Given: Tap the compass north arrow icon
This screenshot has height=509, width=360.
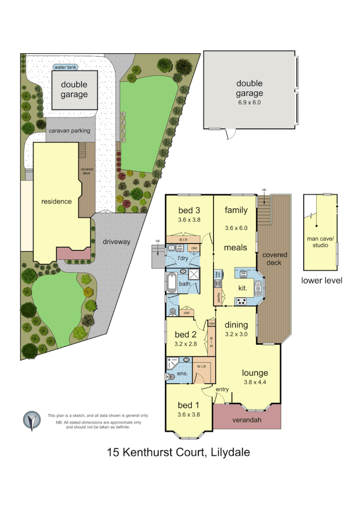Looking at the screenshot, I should point(32,421).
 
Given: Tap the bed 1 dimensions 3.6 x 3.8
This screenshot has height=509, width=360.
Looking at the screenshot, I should point(188,414).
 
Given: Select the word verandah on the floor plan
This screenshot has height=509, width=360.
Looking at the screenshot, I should point(247,419).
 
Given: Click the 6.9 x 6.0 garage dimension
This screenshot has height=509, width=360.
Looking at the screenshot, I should point(249,102).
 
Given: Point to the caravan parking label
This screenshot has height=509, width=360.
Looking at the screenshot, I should point(69,130).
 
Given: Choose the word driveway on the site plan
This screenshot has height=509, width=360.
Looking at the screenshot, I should point(116,242).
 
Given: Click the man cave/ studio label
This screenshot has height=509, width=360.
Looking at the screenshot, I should point(317,242).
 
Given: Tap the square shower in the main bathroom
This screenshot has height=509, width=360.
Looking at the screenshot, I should point(195,274).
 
